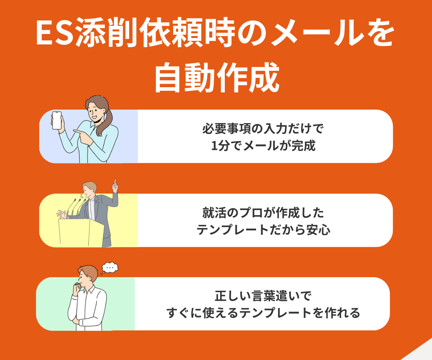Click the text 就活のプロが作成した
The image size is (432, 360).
tap(263, 213)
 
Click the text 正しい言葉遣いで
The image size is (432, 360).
tap(262, 296)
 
